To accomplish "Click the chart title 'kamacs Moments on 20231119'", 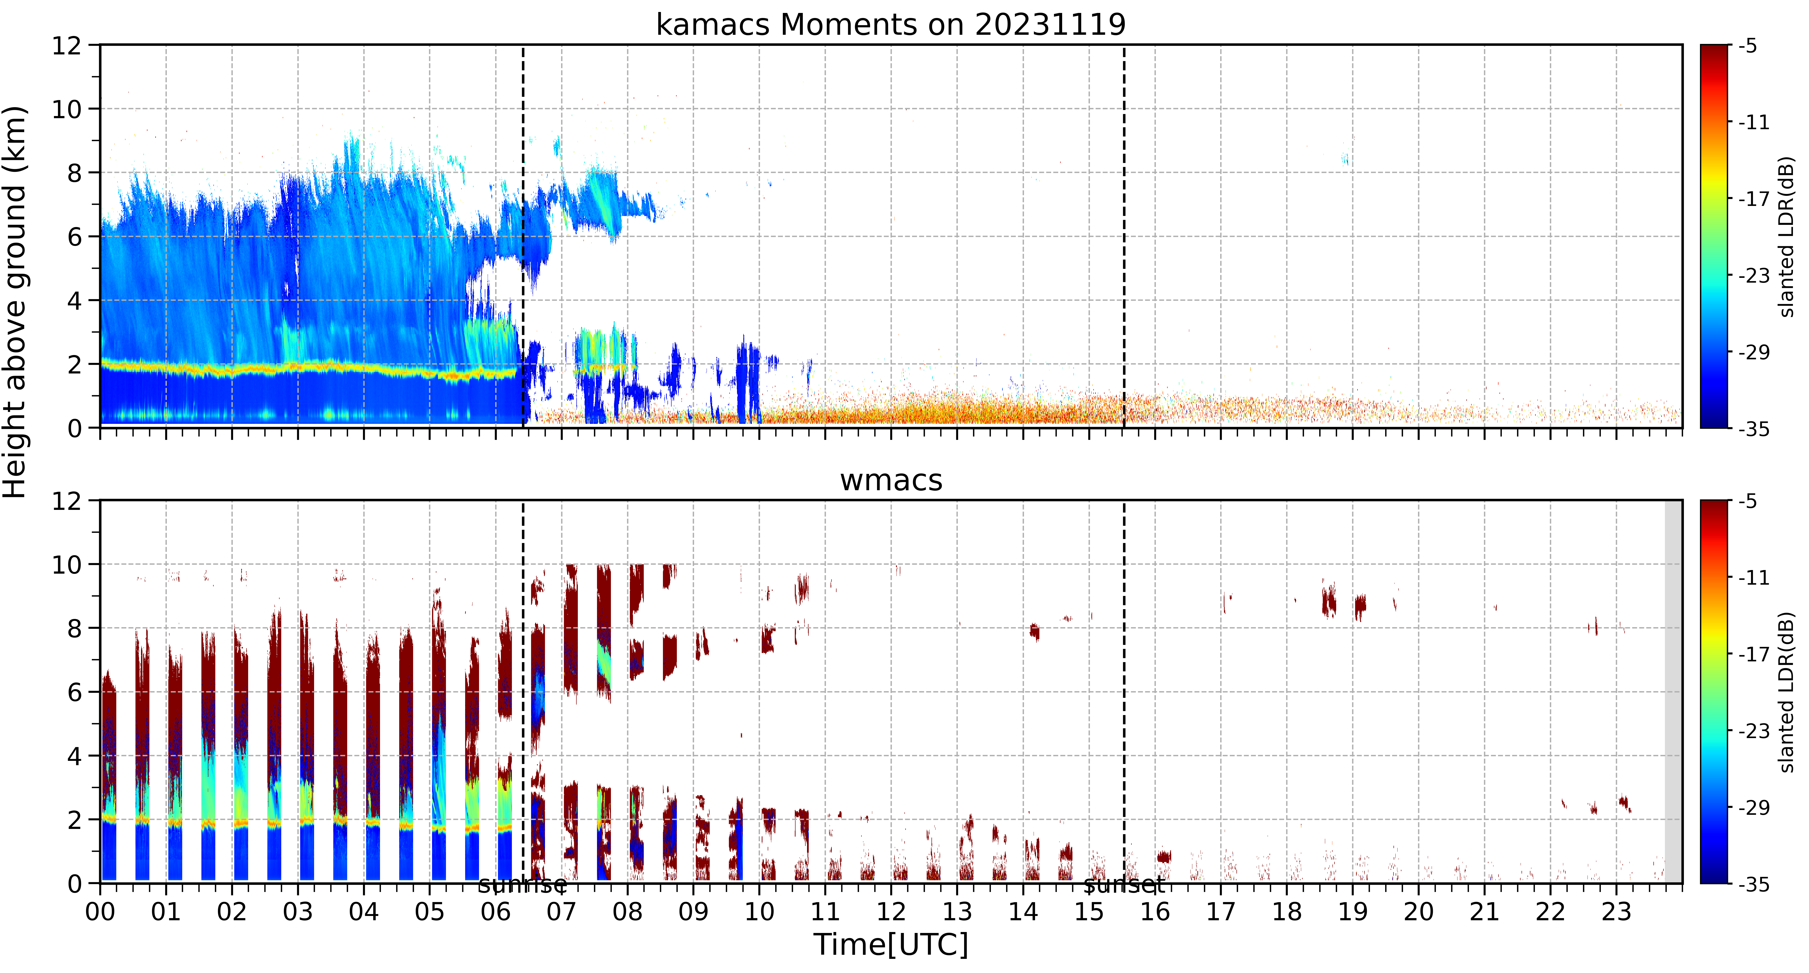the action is (890, 24).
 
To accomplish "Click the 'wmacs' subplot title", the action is (890, 480).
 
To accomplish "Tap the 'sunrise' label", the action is (522, 885).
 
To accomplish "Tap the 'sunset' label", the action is (1124, 885).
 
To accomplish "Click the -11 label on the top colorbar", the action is (1754, 122).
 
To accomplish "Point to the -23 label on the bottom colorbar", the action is (1754, 731).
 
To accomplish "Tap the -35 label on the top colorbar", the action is (1754, 428).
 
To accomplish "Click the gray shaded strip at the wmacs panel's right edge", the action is (1674, 692).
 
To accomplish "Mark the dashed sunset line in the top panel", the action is (1124, 236).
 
